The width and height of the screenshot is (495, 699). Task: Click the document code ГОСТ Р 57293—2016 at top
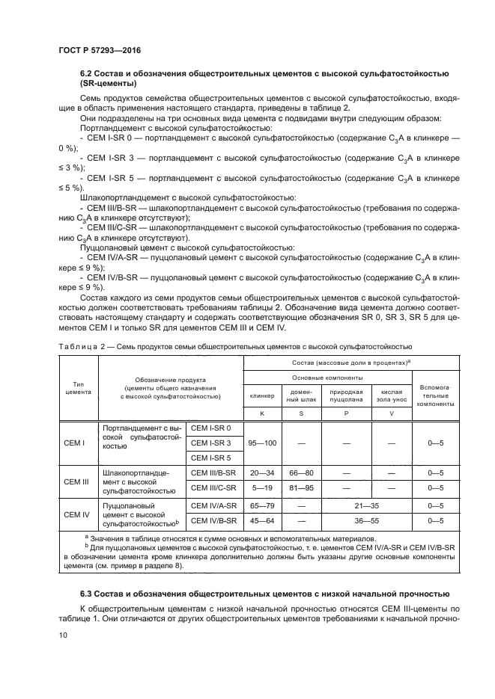(x=99, y=50)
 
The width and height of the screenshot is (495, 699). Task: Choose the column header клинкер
(x=262, y=395)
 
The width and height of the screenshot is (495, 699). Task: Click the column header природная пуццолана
(x=346, y=395)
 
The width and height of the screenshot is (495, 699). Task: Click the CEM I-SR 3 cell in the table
(x=212, y=443)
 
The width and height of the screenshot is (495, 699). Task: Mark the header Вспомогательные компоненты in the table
(x=435, y=395)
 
